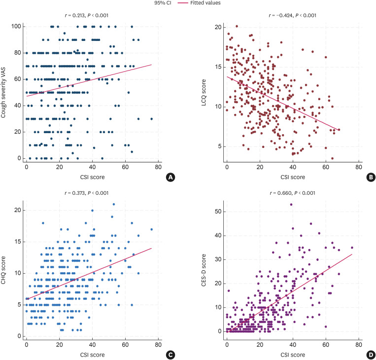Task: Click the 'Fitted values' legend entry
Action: click(x=206, y=3)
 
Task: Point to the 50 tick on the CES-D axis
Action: click(x=216, y=211)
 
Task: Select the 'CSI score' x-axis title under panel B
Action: click(x=292, y=176)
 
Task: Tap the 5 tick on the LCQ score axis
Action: click(x=218, y=146)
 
